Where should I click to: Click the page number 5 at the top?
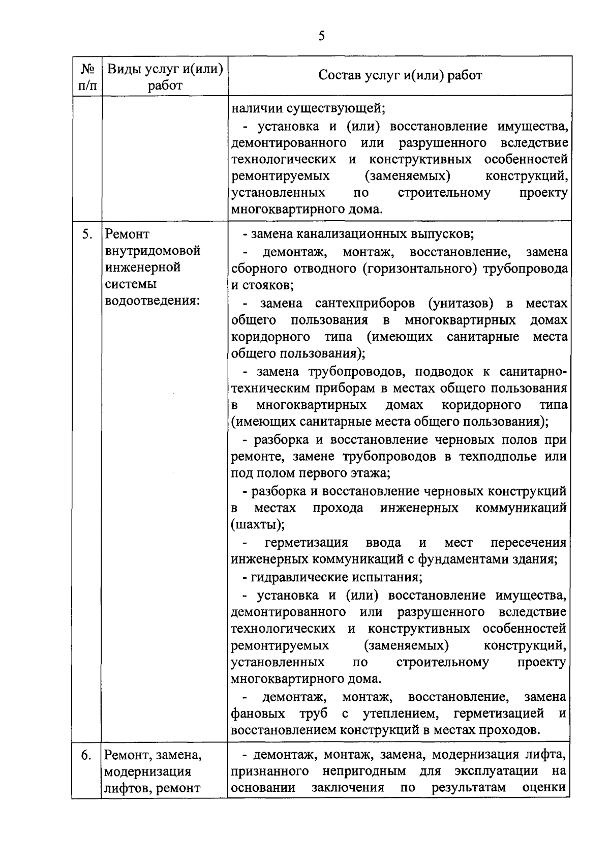pos(321,36)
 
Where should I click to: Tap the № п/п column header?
pos(87,76)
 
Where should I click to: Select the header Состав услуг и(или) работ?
pos(400,75)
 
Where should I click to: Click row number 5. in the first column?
pos(87,234)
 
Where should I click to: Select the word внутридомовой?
pos(152,251)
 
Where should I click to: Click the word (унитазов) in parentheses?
pos(461,304)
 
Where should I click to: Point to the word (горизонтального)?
pos(420,269)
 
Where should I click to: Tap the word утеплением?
pos(399,713)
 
